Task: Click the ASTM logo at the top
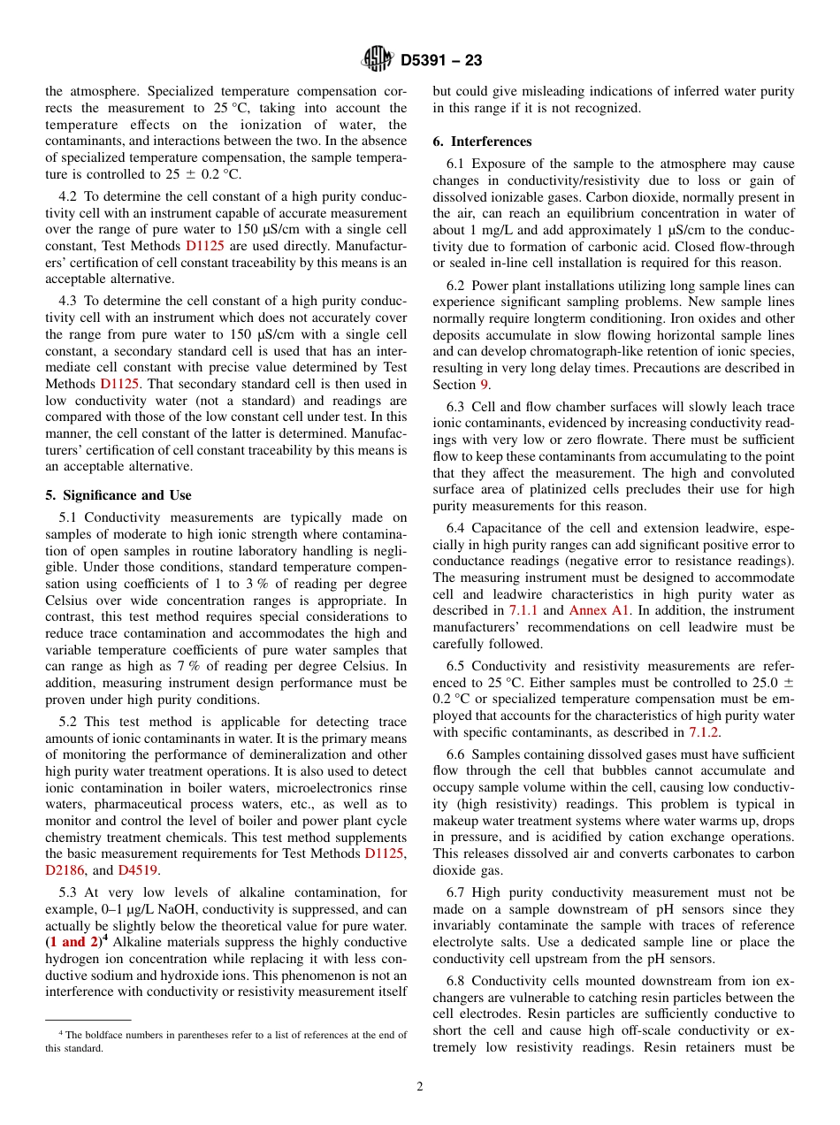(378, 60)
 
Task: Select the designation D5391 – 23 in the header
(441, 61)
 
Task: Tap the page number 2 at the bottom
(420, 1087)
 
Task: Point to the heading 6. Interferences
(482, 142)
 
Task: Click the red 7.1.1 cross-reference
(524, 610)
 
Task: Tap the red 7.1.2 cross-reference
(704, 731)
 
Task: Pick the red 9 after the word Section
(484, 384)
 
